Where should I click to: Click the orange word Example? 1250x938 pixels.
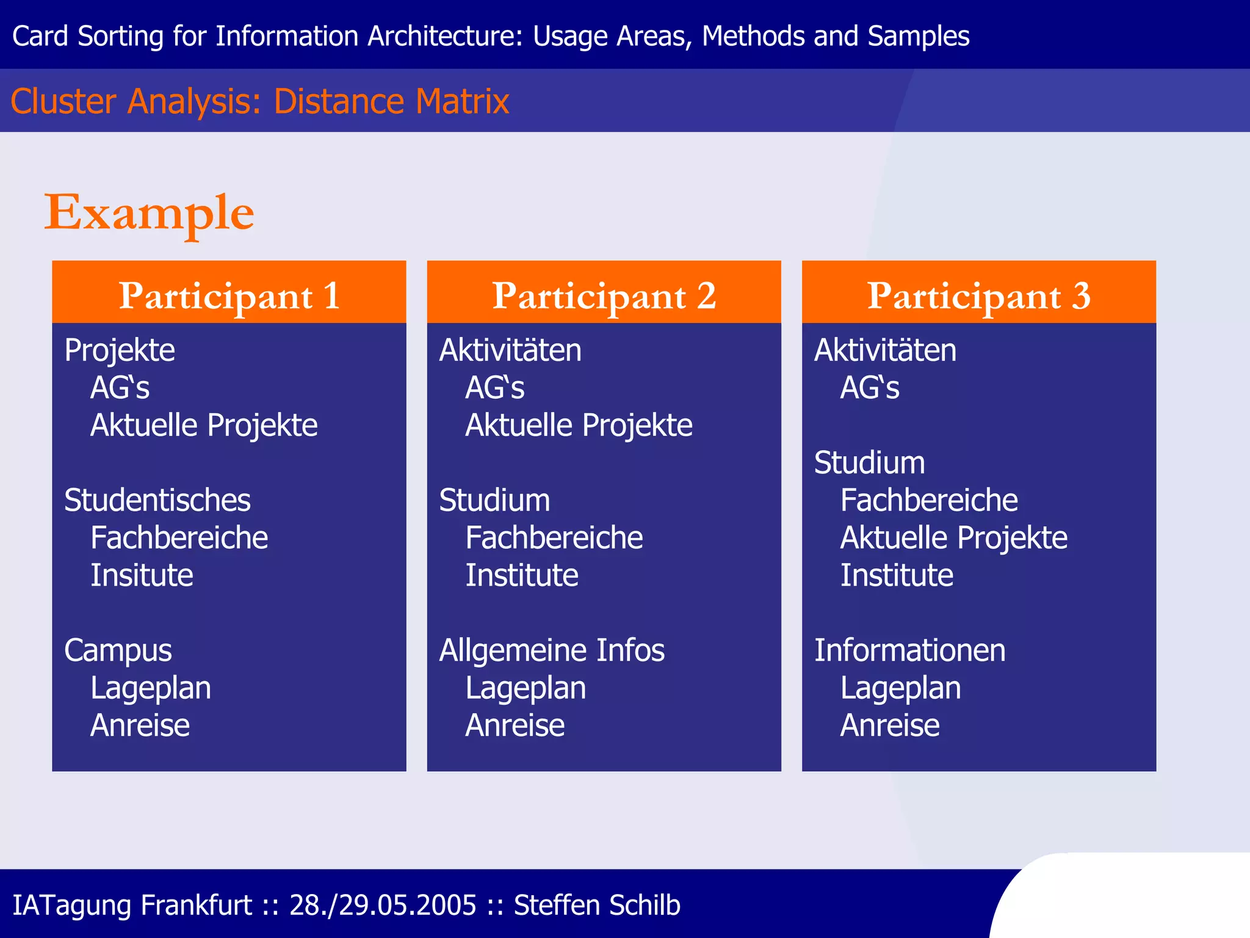coord(149,213)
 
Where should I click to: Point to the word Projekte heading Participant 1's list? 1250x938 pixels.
coord(120,351)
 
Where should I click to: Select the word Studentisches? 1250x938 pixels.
coord(157,501)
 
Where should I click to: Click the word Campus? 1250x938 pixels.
coord(118,651)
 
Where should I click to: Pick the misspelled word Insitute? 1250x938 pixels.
coord(142,576)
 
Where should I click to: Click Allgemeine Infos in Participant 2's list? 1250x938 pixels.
coord(552,651)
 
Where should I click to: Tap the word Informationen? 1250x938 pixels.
coord(909,651)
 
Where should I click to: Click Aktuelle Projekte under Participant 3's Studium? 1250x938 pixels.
coord(953,539)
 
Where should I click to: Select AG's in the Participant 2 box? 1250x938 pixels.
coord(494,388)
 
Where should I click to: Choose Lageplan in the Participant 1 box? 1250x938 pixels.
coord(151,689)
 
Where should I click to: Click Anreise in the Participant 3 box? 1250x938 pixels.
coord(890,726)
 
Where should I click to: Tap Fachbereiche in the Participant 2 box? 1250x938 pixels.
coord(554,539)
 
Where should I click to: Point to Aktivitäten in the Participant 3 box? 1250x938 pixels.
coord(885,351)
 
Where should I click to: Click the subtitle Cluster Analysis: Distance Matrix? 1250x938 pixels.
coord(260,101)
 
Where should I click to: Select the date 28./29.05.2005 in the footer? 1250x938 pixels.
coord(383,905)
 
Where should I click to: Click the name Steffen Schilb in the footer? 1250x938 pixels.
coord(597,905)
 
